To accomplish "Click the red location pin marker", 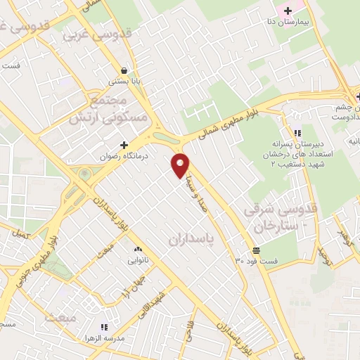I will click(x=181, y=165).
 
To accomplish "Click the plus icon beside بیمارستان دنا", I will click(x=286, y=11).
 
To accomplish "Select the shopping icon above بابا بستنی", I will click(x=124, y=70).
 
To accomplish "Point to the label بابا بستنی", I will click(x=124, y=82).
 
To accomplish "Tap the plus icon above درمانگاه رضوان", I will click(x=124, y=144).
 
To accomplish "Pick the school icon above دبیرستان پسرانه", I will click(x=297, y=132).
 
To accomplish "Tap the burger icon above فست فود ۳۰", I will click(x=256, y=250).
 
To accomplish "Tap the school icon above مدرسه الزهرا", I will click(x=104, y=327).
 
